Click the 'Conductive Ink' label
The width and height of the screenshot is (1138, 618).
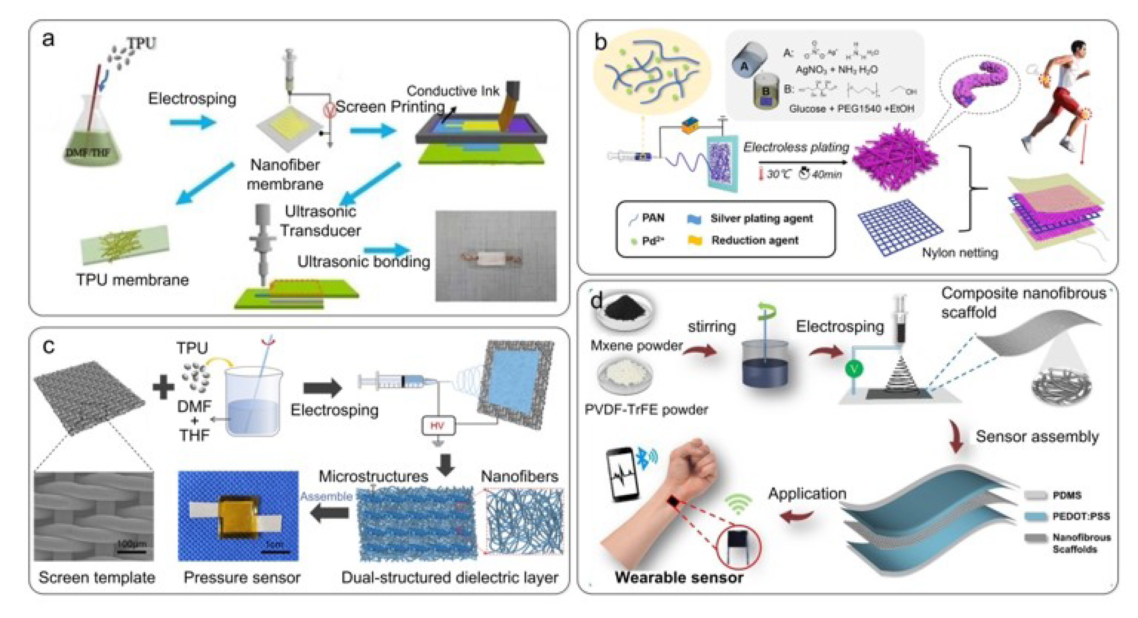pos(453,91)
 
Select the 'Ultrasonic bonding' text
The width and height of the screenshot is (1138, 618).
pos(363,261)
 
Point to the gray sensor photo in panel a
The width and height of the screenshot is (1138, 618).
pos(496,257)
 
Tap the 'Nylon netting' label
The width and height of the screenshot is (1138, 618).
pos(959,253)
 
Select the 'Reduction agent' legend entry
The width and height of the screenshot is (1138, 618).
pos(754,241)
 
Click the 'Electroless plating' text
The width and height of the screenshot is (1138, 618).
pos(796,147)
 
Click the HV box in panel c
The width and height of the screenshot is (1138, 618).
pos(437,425)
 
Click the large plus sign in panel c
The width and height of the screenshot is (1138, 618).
pos(163,387)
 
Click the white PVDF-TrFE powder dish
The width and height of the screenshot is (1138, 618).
pos(624,375)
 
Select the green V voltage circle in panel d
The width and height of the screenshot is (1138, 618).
pos(854,369)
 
